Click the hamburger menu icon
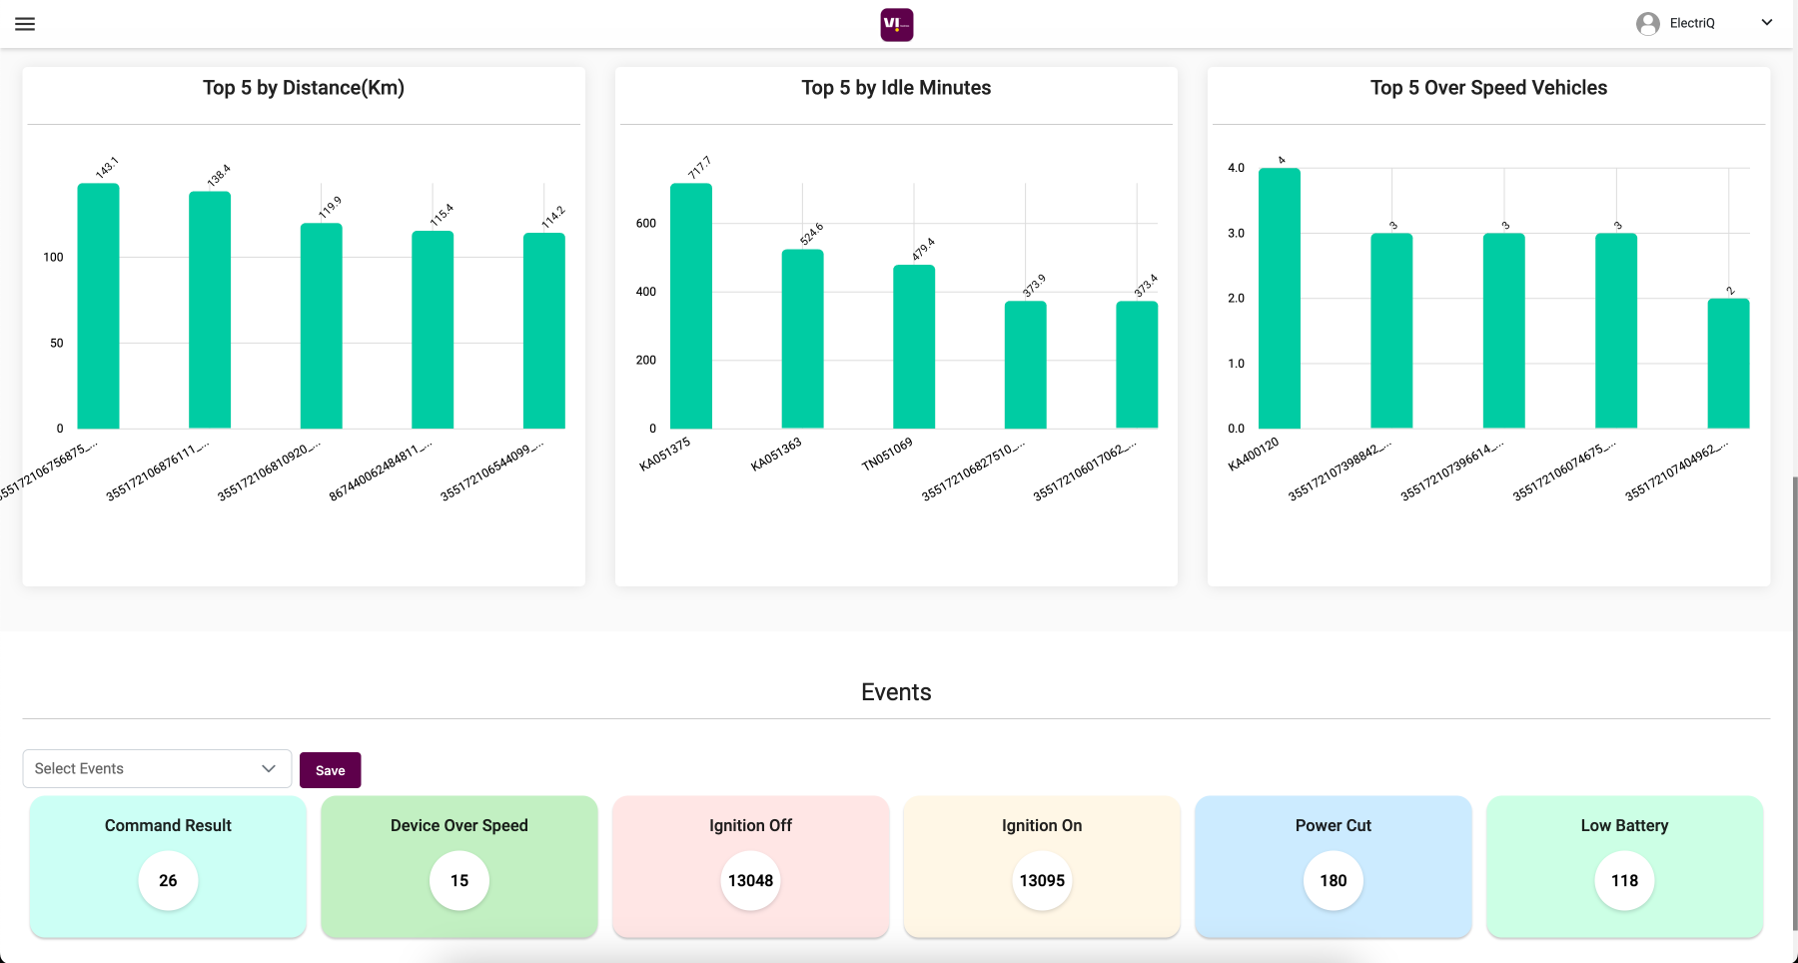25,24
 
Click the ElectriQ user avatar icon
1648,24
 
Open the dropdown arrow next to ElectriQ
1766,23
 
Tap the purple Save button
330,770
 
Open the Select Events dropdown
157,768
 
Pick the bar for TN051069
914,347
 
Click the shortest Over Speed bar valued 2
1728,364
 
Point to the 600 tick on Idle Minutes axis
646,224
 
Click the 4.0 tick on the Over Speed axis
1237,168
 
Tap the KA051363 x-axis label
776,455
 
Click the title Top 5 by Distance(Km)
304,88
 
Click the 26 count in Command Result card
168,880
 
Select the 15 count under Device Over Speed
459,880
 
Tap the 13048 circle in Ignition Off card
750,880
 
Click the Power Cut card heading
1333,825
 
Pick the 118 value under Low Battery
1624,880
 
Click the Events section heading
896,692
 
